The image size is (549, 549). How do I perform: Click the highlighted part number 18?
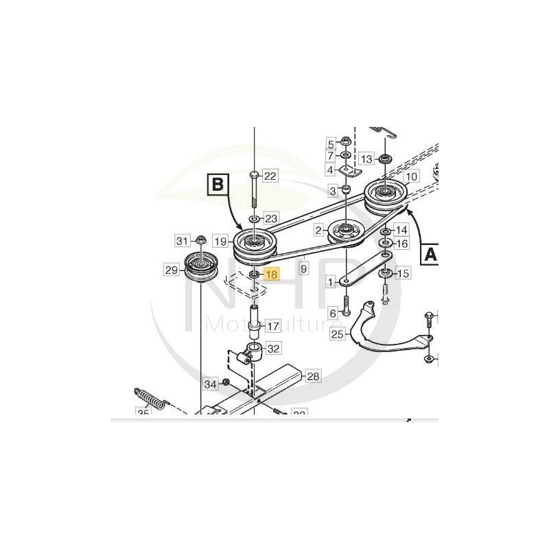coord(271,274)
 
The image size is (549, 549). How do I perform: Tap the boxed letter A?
coord(430,255)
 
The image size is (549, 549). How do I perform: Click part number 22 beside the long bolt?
coord(270,176)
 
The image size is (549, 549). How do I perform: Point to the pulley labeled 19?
coord(253,243)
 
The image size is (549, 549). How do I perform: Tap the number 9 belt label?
coord(303,262)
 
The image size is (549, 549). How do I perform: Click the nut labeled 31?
coord(201,240)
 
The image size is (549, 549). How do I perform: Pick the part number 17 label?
coord(272,326)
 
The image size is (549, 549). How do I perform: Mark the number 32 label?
coord(273,349)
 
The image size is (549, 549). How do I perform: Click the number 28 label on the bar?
coord(313,376)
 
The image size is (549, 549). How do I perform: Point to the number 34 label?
coord(211,382)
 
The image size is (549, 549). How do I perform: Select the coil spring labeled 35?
coord(150,398)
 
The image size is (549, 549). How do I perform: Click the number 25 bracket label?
coord(337,334)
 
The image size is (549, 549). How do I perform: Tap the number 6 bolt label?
coord(334,313)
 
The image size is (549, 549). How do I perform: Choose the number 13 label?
coord(366,159)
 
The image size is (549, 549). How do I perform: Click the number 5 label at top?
coord(330,144)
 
